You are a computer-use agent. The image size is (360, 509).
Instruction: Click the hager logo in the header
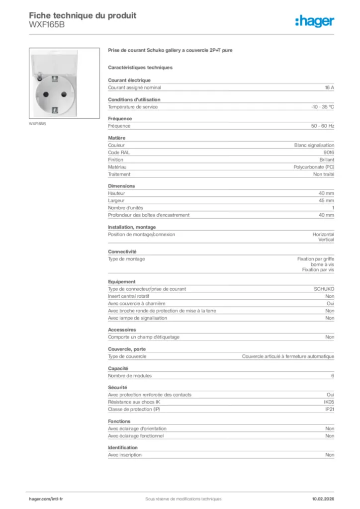[x=315, y=21]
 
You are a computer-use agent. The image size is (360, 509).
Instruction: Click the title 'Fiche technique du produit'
[x=83, y=15]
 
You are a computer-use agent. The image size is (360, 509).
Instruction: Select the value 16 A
[x=329, y=87]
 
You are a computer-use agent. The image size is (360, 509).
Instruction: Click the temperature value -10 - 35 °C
[x=322, y=107]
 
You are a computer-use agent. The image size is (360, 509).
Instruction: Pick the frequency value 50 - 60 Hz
[x=323, y=126]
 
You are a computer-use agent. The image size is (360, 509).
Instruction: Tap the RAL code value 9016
[x=329, y=153]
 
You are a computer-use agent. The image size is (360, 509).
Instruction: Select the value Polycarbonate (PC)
[x=314, y=167]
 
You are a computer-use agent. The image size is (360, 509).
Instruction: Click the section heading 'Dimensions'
[x=121, y=186]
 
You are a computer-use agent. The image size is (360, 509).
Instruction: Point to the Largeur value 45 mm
[x=326, y=200]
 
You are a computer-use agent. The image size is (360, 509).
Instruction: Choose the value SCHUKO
[x=324, y=289]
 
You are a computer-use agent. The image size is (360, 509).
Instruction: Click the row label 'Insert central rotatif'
[x=128, y=296]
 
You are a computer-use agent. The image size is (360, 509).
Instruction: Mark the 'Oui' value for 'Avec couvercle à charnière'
[x=330, y=303]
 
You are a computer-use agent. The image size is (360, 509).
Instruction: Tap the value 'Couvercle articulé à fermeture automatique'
[x=288, y=356]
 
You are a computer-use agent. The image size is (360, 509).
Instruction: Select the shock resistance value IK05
[x=329, y=402]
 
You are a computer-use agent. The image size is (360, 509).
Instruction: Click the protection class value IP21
[x=329, y=409]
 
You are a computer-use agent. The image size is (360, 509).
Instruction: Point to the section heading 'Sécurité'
[x=117, y=387]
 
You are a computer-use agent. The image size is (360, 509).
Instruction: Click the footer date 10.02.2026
[x=323, y=499]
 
